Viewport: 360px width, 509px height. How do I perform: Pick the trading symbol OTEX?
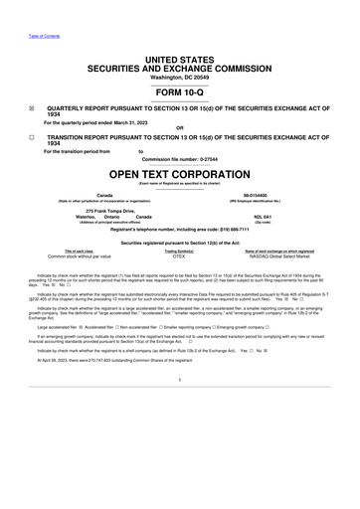[x=179, y=256]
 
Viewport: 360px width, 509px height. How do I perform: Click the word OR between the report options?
[x=179, y=128]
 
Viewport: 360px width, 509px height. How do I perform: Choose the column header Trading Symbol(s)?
[x=179, y=251]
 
